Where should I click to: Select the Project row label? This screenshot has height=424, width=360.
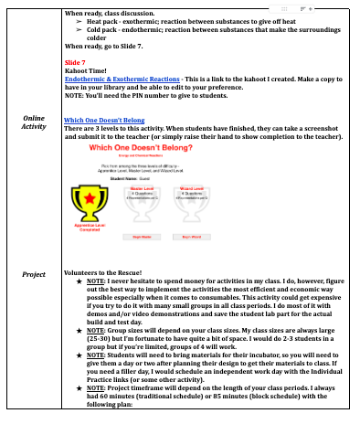pyautogui.click(x=33, y=273)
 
